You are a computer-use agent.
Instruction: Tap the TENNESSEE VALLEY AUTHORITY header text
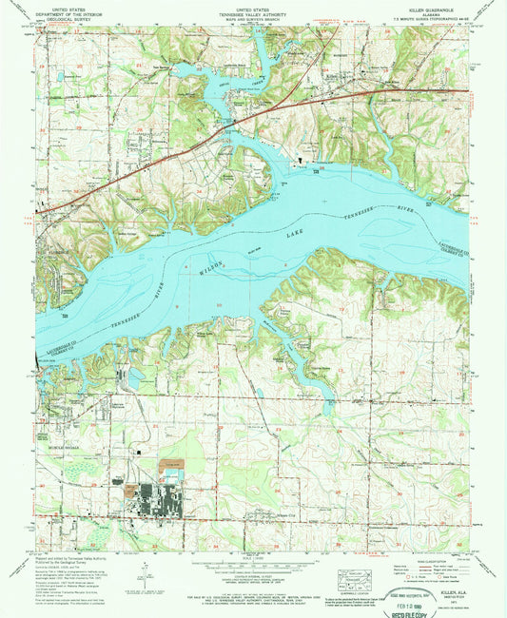point(253,10)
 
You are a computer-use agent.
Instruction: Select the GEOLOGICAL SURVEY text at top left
point(66,17)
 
